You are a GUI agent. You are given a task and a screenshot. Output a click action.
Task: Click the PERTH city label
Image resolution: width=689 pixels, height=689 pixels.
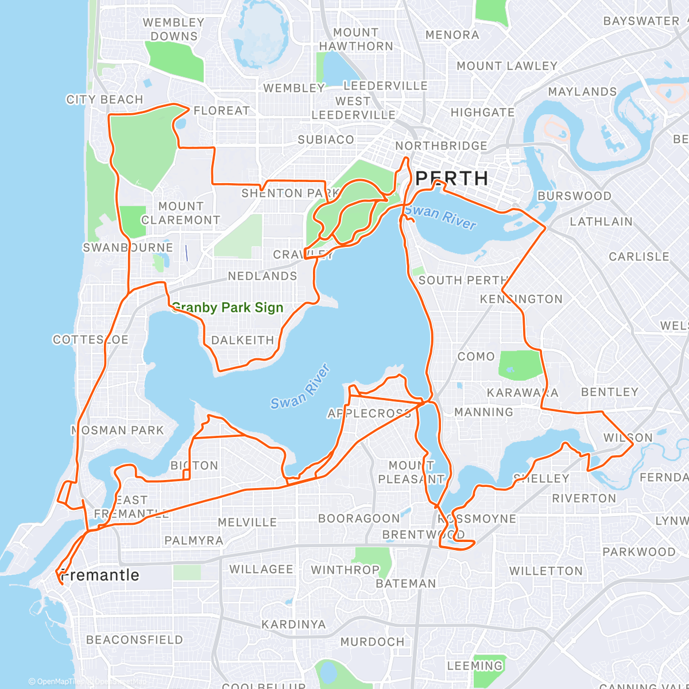[x=451, y=179]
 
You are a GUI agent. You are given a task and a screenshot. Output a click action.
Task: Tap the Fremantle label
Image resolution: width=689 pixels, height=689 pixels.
[x=100, y=575]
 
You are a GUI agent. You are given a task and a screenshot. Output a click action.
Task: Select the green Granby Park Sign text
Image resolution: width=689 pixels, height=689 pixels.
[x=227, y=308]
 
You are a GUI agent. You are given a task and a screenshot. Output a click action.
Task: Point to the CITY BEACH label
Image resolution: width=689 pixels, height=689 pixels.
[x=104, y=100]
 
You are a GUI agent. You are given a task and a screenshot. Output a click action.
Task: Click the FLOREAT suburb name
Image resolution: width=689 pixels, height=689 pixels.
[x=222, y=111]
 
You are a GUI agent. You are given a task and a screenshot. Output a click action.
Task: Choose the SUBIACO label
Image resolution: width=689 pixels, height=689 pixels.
[x=326, y=140]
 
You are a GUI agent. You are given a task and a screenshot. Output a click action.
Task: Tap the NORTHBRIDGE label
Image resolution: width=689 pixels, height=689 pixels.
[x=441, y=146]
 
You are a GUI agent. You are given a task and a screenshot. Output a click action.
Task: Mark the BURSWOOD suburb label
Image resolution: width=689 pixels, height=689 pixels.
[x=574, y=196]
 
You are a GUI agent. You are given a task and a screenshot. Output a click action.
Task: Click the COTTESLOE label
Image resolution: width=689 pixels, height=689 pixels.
[x=91, y=340]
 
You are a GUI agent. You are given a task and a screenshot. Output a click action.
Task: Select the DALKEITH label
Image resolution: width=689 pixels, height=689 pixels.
[x=243, y=340]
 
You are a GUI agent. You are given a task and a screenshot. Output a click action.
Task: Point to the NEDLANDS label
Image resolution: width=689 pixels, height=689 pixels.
[x=262, y=276]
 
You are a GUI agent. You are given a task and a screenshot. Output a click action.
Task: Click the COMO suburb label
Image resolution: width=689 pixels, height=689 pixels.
[x=476, y=357]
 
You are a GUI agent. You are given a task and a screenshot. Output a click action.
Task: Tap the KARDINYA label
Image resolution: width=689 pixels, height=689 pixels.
[x=293, y=625]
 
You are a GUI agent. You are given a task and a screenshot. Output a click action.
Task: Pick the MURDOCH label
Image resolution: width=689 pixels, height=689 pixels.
[x=372, y=642]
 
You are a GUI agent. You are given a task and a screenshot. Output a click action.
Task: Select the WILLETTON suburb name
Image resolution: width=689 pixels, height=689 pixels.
[x=546, y=571]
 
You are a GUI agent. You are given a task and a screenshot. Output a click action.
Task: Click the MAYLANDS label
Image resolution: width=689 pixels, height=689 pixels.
[x=582, y=92]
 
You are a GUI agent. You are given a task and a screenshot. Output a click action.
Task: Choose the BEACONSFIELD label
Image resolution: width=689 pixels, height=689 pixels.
[x=134, y=640]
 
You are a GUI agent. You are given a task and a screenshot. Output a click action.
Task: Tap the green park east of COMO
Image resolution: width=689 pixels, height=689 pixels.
[x=520, y=365]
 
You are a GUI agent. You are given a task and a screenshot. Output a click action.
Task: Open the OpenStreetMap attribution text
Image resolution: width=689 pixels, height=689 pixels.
[x=115, y=682]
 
